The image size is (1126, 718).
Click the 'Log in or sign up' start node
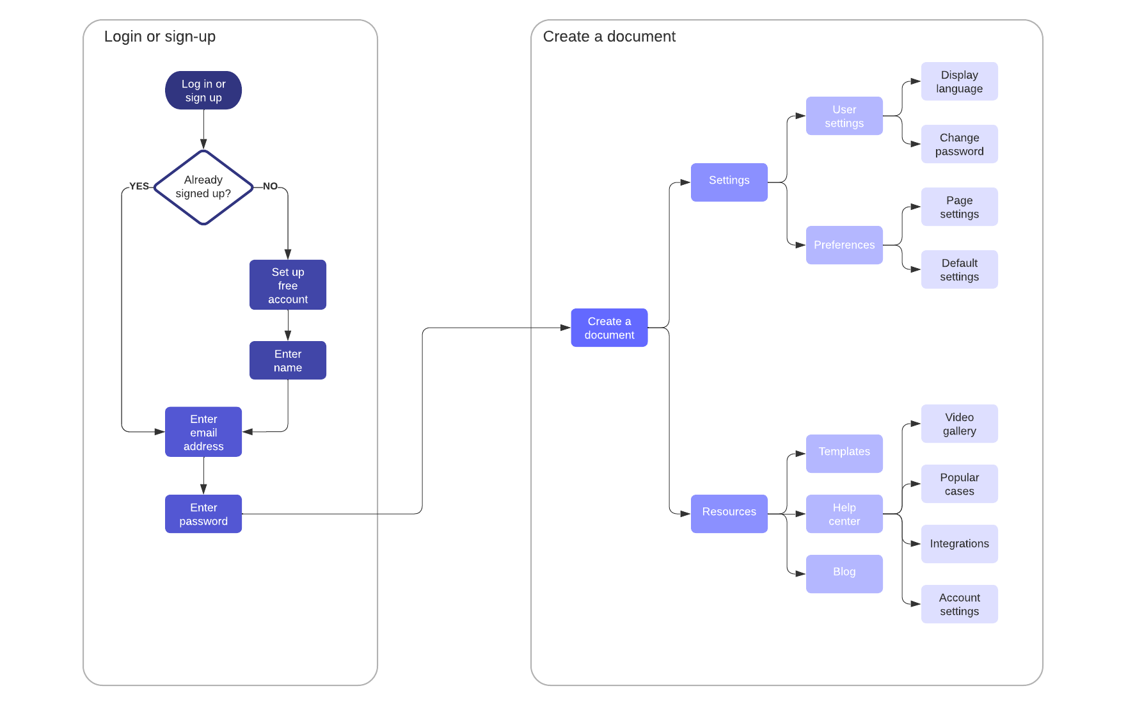(203, 90)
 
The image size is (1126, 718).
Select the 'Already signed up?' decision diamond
(203, 187)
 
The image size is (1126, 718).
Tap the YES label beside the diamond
(139, 186)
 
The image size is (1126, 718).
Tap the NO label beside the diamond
(270, 186)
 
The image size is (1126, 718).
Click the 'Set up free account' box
(288, 285)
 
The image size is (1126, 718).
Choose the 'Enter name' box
(288, 360)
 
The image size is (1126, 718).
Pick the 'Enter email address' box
(203, 432)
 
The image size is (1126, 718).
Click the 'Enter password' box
(203, 514)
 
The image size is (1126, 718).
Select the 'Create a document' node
(609, 328)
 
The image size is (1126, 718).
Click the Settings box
(729, 182)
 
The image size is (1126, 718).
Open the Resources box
(729, 513)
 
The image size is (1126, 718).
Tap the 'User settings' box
(844, 116)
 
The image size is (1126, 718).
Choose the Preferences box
(844, 245)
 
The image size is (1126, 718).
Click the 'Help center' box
(844, 514)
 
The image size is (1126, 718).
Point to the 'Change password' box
(959, 144)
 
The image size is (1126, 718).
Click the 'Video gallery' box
(959, 424)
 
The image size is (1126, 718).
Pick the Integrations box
(959, 544)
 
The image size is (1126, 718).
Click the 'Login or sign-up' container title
(160, 36)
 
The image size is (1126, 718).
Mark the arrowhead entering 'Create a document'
(566, 328)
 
